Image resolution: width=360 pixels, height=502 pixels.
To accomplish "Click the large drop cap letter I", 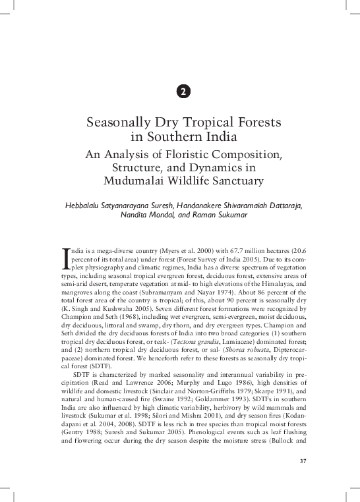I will coord(65,259).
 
